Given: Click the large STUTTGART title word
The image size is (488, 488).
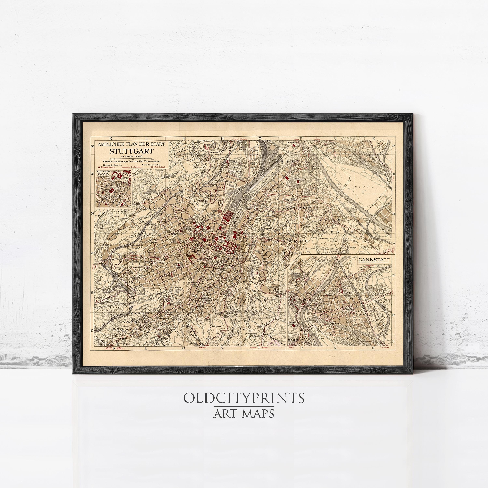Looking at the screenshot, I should (131, 152).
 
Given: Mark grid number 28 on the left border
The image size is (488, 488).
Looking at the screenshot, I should (92, 292).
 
